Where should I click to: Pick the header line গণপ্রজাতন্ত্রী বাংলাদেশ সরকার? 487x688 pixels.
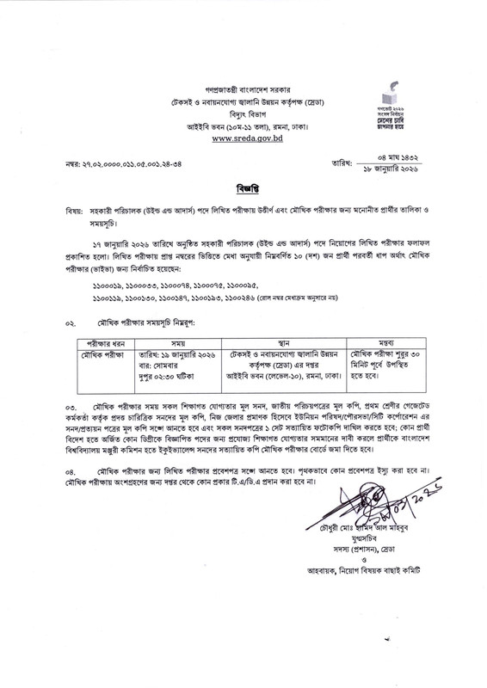point(243,65)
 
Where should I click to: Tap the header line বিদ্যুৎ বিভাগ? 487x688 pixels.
point(243,89)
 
